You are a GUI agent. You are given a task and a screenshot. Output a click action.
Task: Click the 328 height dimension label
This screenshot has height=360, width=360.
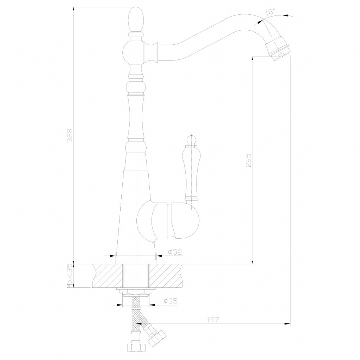(70, 135)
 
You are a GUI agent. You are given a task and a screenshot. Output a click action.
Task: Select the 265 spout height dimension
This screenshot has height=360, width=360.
(249, 160)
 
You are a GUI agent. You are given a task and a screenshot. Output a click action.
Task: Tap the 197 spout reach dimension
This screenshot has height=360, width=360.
(212, 319)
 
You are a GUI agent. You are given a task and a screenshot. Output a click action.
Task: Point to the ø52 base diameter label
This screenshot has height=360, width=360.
(175, 252)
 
